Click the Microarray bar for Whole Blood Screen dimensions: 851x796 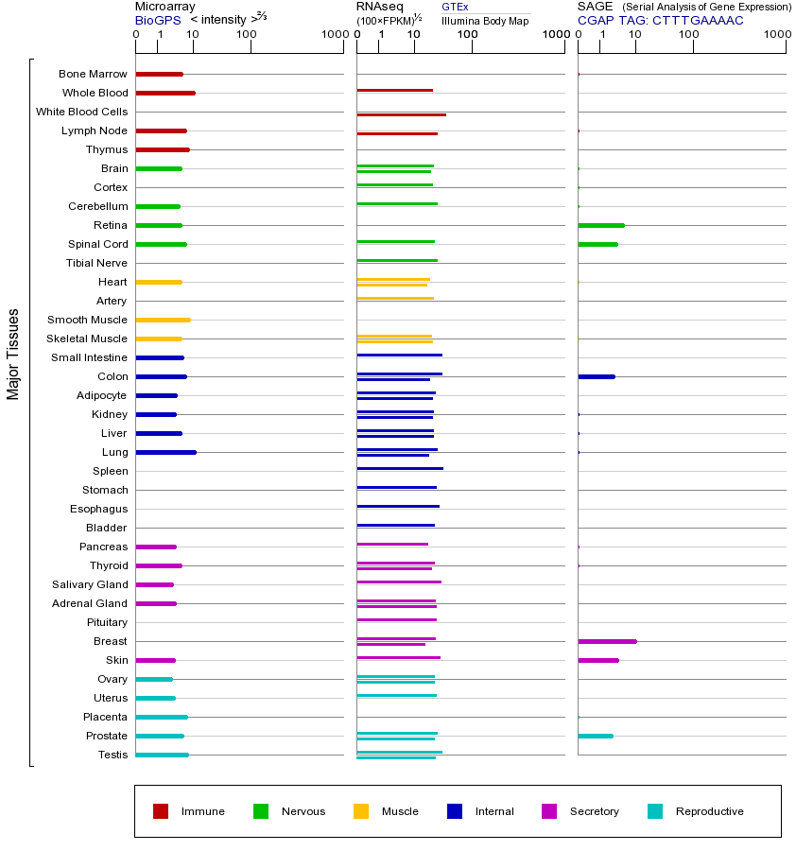tap(165, 93)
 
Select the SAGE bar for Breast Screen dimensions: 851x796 tap(607, 641)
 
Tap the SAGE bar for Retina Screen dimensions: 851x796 tap(601, 225)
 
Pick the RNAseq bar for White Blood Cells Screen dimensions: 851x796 tap(401, 114)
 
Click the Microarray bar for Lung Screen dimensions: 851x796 tap(165, 452)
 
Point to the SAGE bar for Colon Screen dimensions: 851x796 tap(597, 376)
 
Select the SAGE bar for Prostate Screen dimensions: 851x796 tap(596, 736)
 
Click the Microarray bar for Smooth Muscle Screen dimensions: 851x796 tap(163, 320)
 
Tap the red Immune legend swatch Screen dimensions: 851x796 tap(161, 811)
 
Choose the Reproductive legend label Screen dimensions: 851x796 tap(709, 811)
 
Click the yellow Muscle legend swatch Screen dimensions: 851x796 tap(361, 811)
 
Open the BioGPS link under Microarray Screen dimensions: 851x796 tap(156, 20)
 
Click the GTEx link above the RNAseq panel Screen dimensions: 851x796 tap(455, 8)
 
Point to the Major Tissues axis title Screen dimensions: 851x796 tap(13, 354)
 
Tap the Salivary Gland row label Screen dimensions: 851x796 tap(90, 584)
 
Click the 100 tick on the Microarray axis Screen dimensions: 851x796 tap(247, 34)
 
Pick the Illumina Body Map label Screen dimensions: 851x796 tap(485, 20)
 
